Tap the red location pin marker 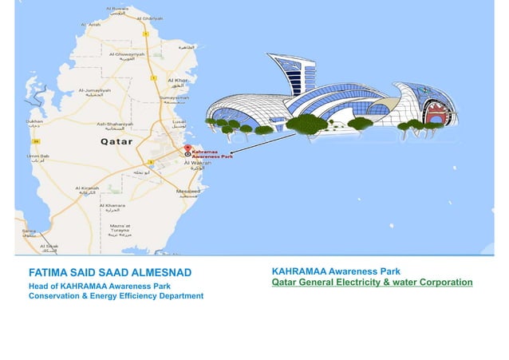click(x=188, y=148)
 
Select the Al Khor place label click(x=178, y=81)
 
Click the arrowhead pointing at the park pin click(x=231, y=152)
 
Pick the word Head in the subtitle click(x=39, y=287)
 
